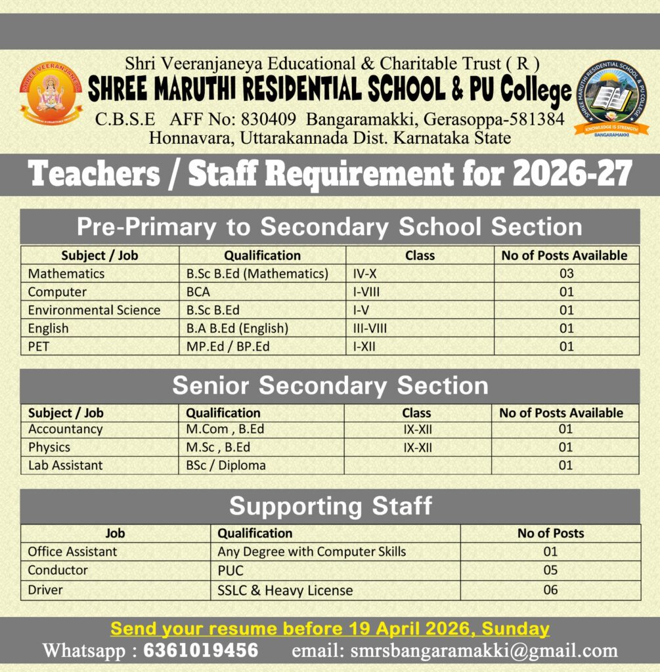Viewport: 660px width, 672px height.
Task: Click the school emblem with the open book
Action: click(x=610, y=96)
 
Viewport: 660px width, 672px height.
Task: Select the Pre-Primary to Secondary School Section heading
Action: click(x=330, y=226)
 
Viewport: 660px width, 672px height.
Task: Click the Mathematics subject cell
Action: click(x=66, y=273)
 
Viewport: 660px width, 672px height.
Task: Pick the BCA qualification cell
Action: click(x=198, y=291)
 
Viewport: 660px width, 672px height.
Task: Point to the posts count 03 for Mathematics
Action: click(x=566, y=273)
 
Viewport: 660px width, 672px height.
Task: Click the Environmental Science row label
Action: click(x=94, y=310)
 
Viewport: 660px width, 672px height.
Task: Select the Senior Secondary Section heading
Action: click(x=330, y=386)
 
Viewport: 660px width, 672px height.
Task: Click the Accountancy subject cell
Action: click(x=65, y=429)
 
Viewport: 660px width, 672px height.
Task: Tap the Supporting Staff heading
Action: click(x=330, y=506)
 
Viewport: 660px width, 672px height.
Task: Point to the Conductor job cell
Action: click(x=57, y=570)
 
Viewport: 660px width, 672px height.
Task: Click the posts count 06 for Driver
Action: click(x=550, y=590)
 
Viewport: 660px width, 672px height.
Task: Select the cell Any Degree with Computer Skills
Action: click(x=311, y=551)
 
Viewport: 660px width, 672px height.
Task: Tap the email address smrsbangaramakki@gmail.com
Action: click(x=483, y=650)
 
